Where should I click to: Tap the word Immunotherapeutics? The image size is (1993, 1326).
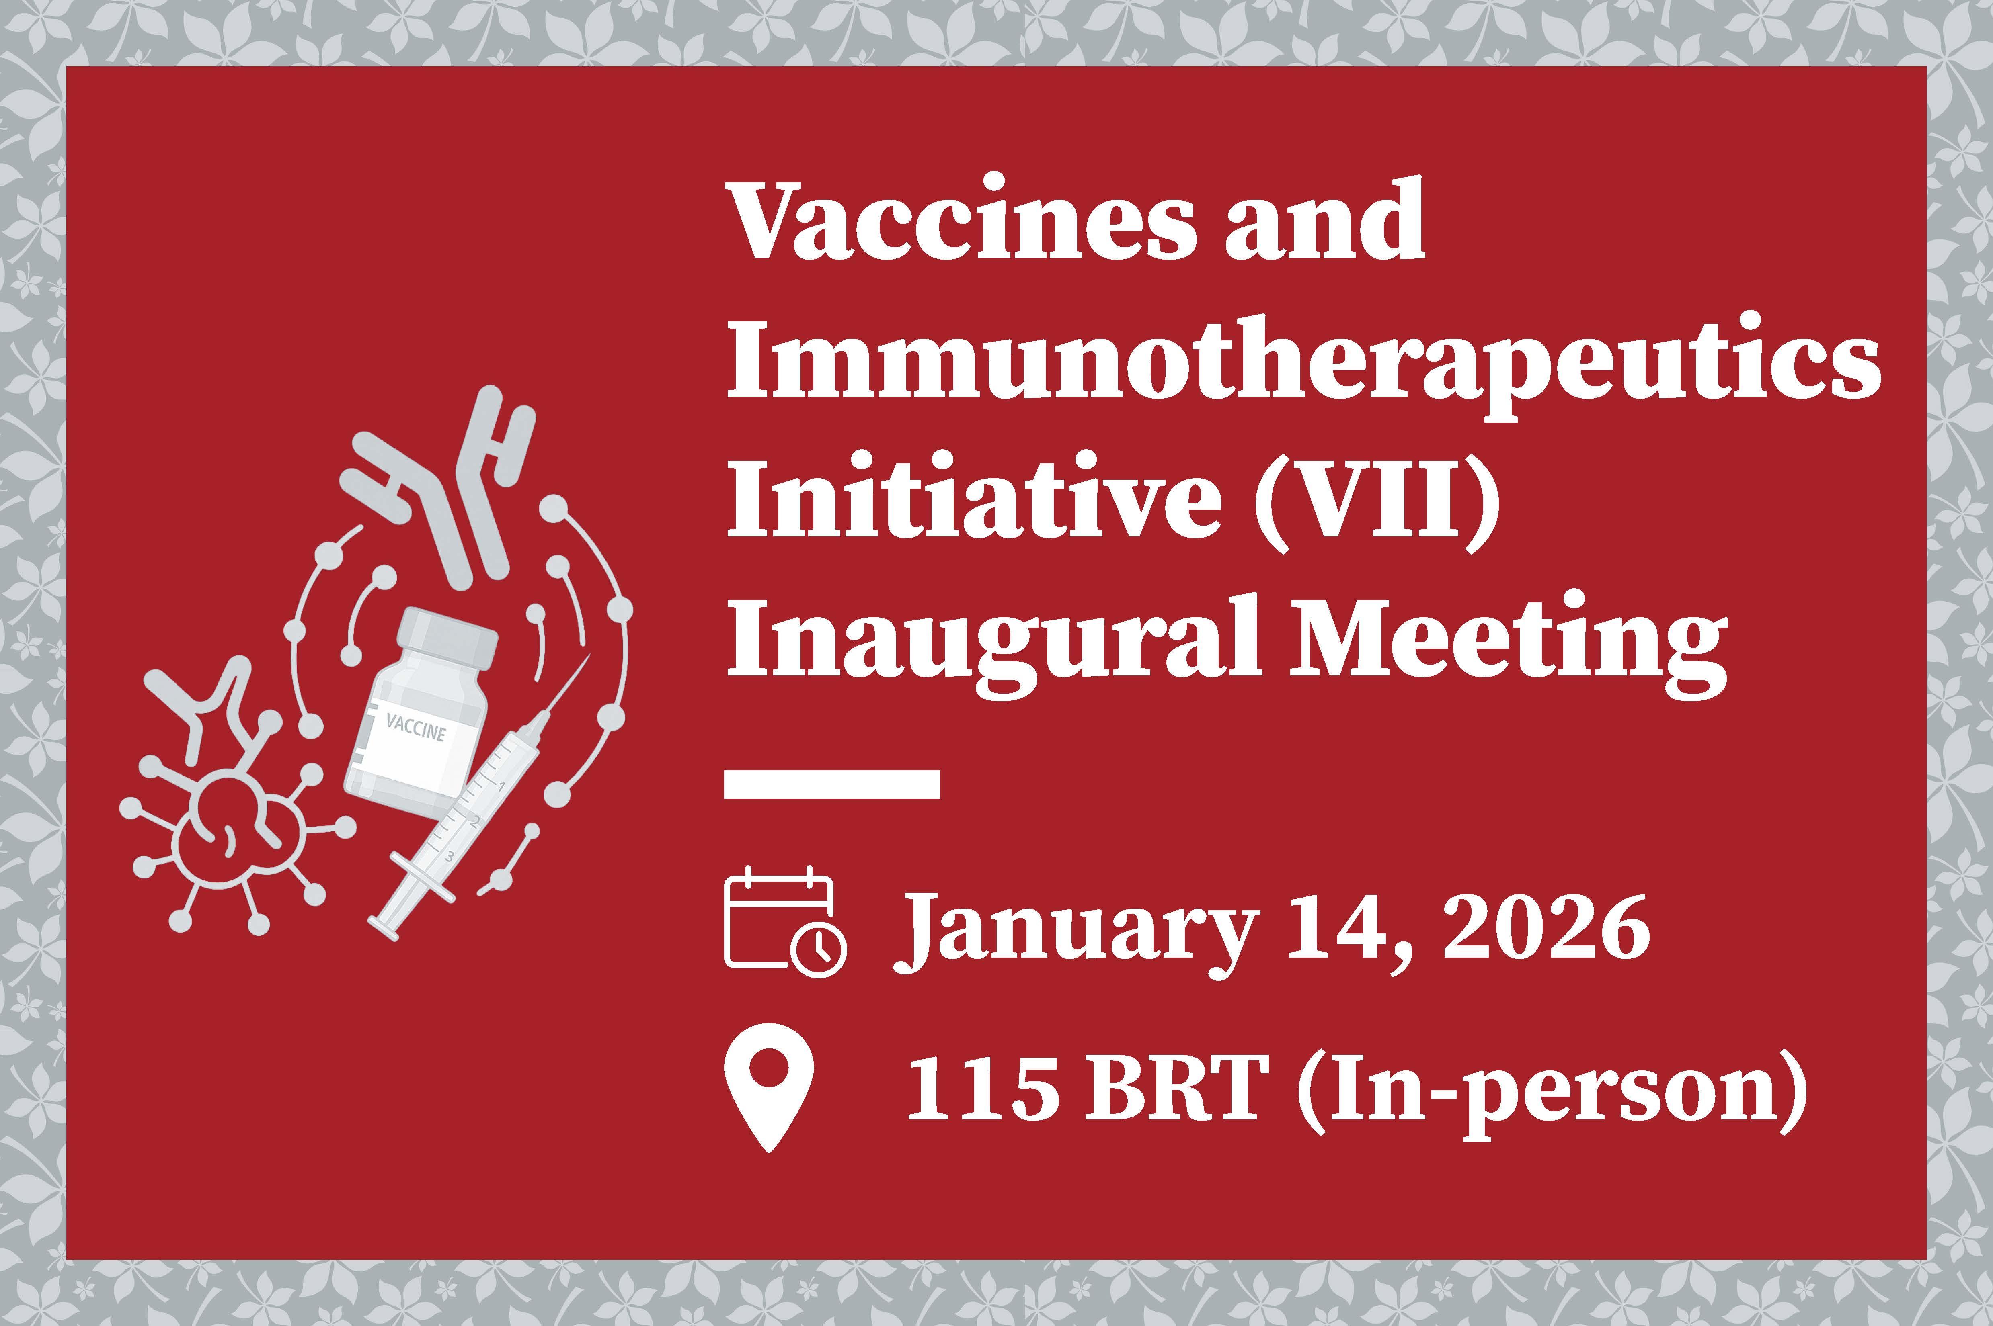coord(1303,365)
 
